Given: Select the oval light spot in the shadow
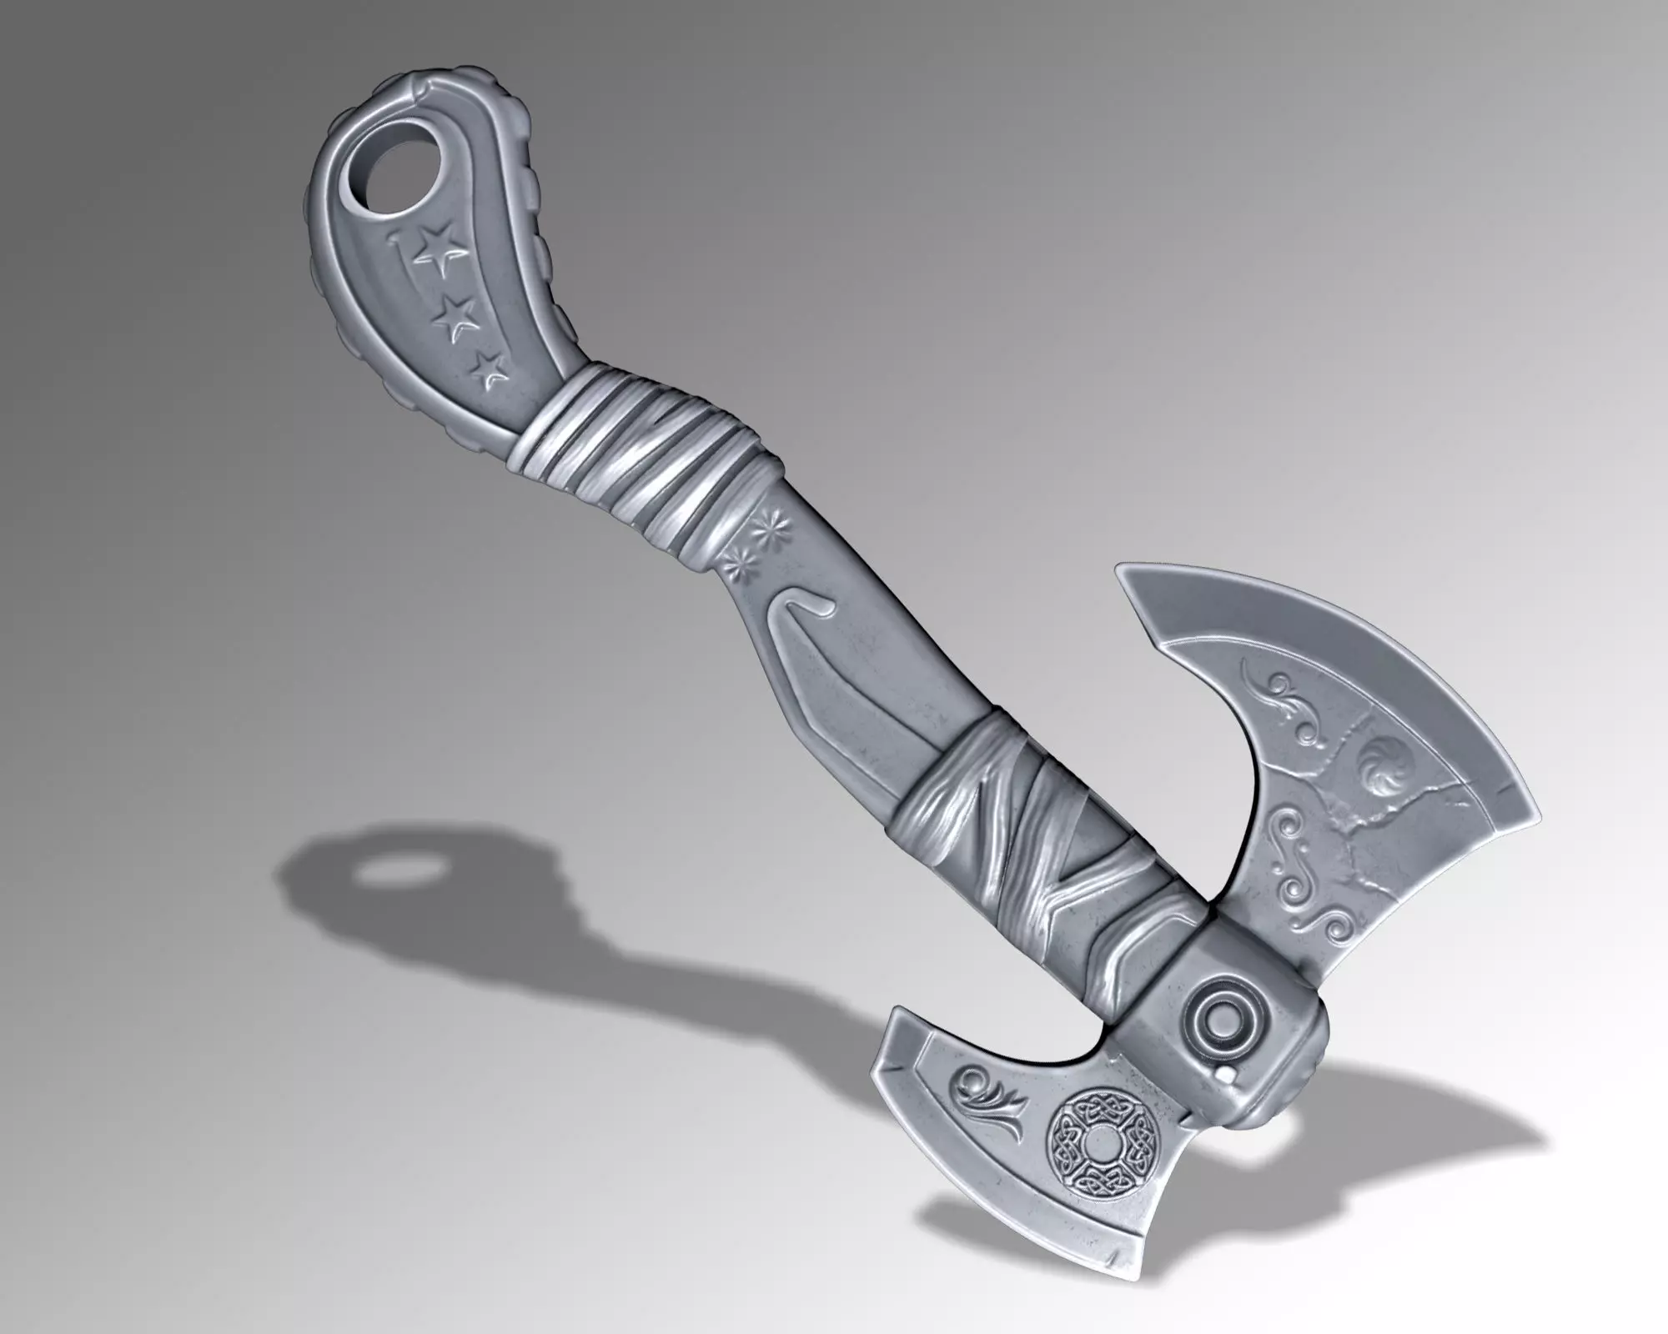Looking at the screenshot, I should [x=392, y=875].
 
